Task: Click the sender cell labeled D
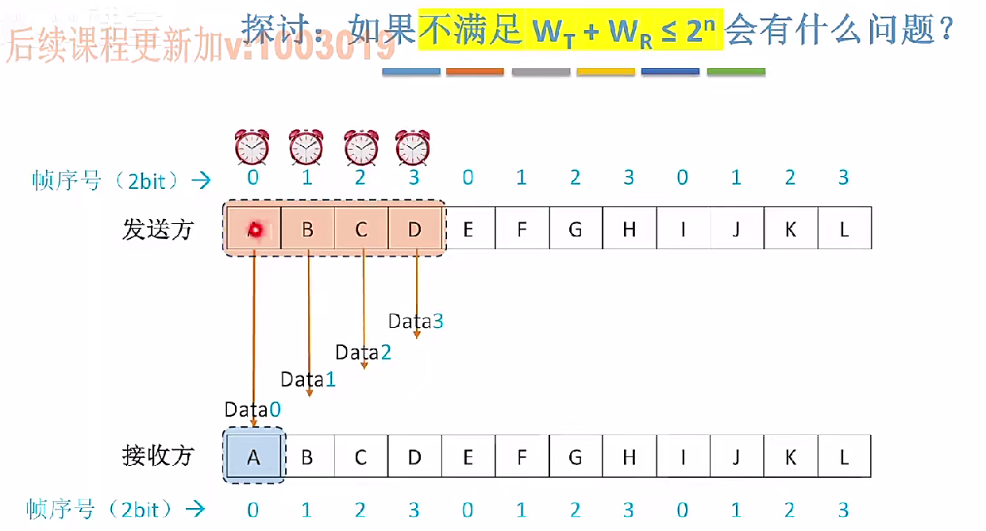click(415, 229)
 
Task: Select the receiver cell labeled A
click(253, 456)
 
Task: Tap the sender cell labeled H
click(629, 229)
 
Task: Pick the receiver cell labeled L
click(844, 456)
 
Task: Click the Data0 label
click(252, 410)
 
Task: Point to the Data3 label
click(415, 321)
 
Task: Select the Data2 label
click(363, 352)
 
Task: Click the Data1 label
click(308, 379)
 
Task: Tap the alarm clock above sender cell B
click(306, 148)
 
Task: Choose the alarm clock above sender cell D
click(413, 148)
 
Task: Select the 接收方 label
click(158, 456)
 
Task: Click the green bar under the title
click(736, 71)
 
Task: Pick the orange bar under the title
click(475, 71)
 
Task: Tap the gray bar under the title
click(541, 71)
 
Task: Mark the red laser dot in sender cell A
click(255, 229)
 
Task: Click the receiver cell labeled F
click(522, 456)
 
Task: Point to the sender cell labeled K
click(790, 229)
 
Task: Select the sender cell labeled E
click(468, 229)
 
